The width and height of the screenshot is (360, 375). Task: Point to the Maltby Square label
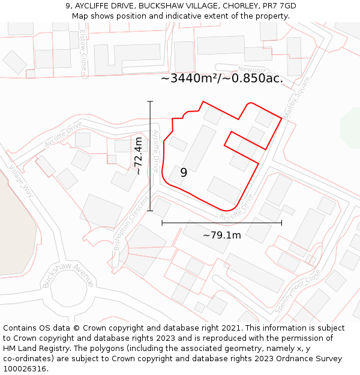point(297,94)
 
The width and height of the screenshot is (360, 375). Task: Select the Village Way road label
point(20,181)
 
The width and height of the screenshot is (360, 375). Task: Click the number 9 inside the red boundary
point(184,173)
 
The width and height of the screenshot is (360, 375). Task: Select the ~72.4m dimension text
point(139,155)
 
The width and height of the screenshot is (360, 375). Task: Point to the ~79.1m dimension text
point(221,235)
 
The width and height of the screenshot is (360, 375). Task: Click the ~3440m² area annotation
point(221,78)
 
